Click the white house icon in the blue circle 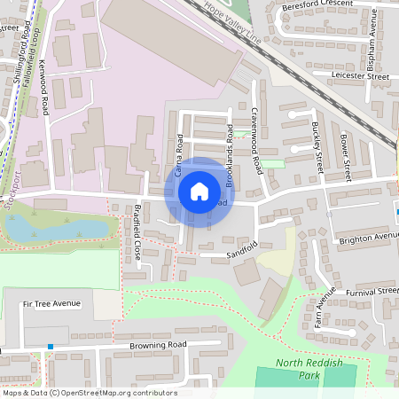[199, 191]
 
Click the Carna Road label [179, 154]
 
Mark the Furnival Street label [372, 290]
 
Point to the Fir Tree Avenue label [52, 303]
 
